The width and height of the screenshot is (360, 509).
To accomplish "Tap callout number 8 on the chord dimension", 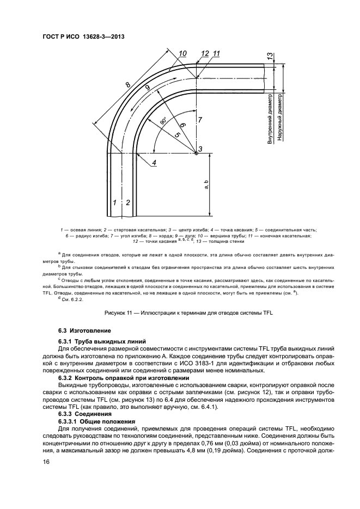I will pos(127,85).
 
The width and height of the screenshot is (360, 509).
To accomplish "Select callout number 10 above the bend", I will pos(182,53).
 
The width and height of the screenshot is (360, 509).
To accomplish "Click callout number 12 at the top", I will pos(204,53).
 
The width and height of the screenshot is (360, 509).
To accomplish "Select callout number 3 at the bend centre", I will pos(200,149).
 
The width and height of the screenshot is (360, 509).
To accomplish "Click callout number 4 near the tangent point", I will pos(154,163).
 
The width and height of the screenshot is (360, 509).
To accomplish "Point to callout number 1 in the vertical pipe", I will pos(115,203).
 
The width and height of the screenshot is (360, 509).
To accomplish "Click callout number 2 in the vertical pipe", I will pos(128,203).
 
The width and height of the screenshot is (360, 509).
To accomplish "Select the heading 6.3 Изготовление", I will pos(84,330).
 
